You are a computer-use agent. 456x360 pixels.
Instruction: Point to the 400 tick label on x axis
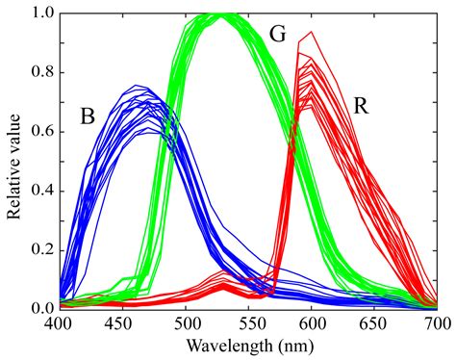click(59, 322)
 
